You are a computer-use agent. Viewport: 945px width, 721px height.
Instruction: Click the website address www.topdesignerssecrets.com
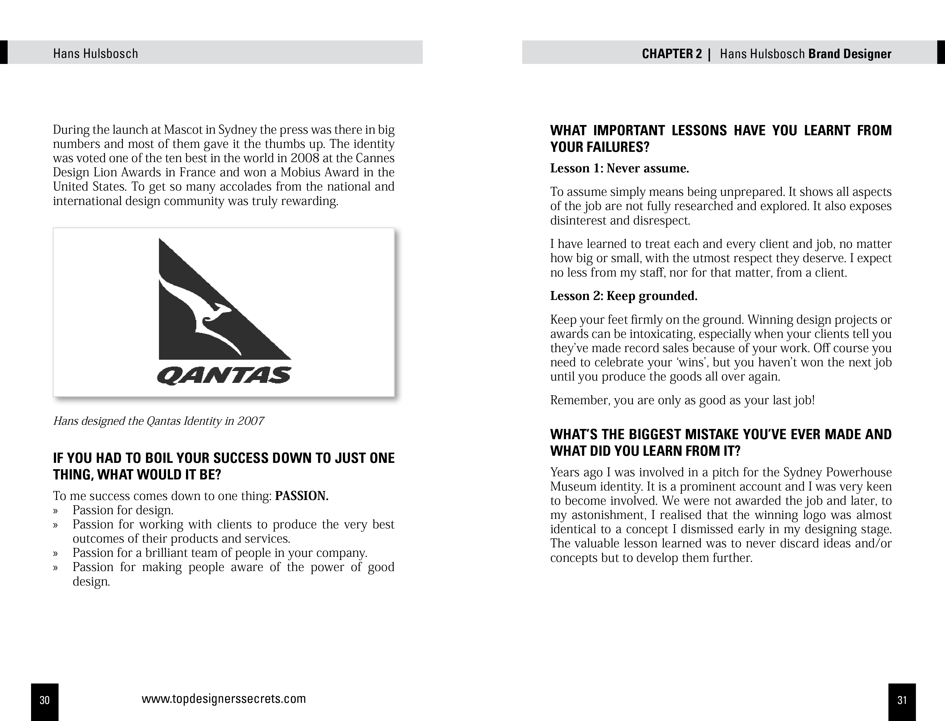click(x=224, y=699)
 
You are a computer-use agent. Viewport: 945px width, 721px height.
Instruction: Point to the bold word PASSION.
click(x=302, y=496)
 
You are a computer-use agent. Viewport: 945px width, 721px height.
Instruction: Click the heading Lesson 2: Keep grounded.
click(x=624, y=296)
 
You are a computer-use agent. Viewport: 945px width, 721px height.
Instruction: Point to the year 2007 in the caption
click(x=250, y=421)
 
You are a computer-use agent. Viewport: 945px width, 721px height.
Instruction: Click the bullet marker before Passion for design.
click(x=55, y=511)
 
